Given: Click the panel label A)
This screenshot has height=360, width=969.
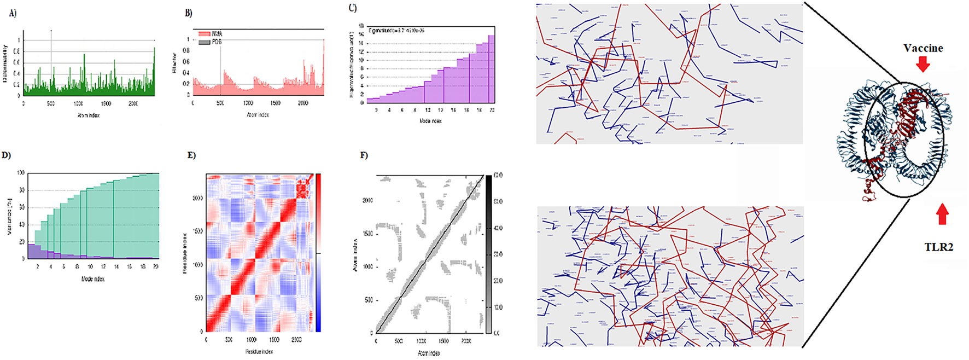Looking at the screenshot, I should [x=13, y=13].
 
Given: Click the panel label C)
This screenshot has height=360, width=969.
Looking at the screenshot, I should [x=353, y=8].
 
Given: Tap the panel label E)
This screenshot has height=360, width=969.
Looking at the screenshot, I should [x=191, y=155].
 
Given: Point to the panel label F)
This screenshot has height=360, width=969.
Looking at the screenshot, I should [x=364, y=155].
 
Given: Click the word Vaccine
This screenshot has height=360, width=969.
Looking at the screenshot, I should [x=923, y=48].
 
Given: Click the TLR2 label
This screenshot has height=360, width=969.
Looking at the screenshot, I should [x=938, y=247].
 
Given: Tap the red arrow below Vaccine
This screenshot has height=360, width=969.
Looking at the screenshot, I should [x=923, y=64].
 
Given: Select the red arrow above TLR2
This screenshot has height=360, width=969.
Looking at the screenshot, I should [x=942, y=214].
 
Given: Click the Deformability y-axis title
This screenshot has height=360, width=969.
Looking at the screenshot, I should [x=5, y=63].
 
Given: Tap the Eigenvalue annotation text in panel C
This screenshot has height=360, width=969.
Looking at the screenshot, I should [x=396, y=31].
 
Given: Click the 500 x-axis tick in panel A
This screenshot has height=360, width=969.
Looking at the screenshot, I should [x=51, y=103].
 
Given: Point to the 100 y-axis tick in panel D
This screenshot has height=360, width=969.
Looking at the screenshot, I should [x=21, y=173].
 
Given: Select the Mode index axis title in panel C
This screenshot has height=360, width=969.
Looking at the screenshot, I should [x=430, y=120].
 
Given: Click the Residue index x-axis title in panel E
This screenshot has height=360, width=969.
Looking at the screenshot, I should [x=259, y=351].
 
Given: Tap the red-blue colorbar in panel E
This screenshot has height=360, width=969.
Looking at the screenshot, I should [x=318, y=253].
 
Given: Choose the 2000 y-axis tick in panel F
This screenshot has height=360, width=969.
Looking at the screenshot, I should [x=368, y=200].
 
